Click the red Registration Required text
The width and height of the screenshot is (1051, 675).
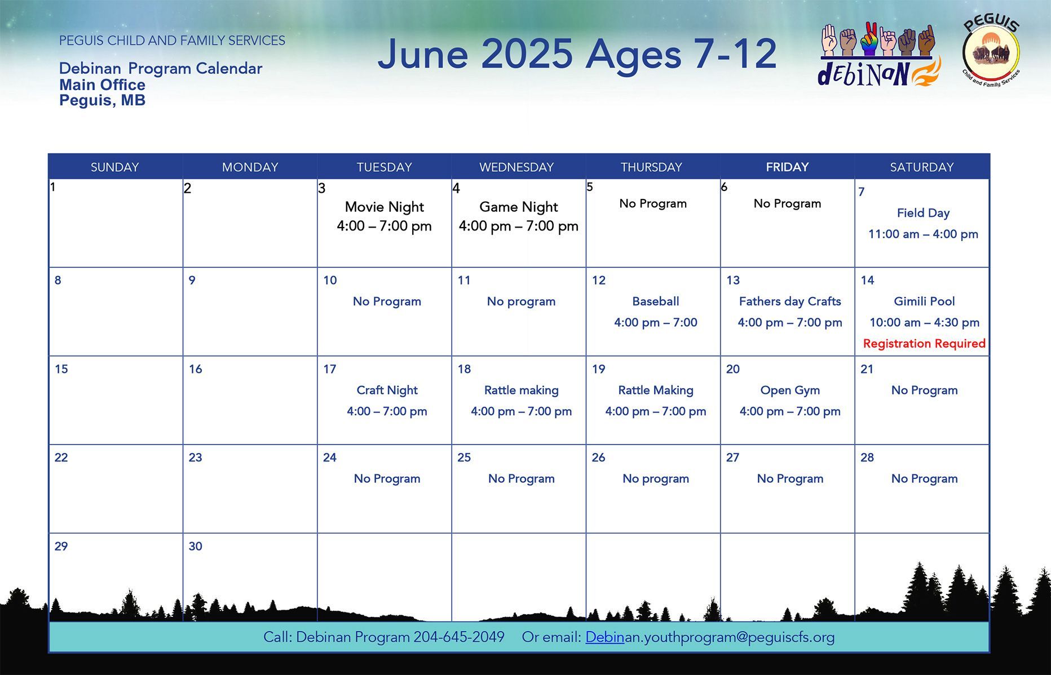(x=924, y=343)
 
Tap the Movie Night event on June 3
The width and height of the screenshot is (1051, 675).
(x=385, y=207)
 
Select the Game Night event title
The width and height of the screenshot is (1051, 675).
(x=519, y=207)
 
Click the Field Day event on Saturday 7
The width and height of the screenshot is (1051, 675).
(x=923, y=213)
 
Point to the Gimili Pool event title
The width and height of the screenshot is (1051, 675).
(x=924, y=301)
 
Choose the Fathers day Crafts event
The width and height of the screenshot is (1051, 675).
(x=790, y=301)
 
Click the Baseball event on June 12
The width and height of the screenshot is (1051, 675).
(x=656, y=301)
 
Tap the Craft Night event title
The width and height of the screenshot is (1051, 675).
(x=387, y=390)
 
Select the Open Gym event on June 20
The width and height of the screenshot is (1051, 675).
(x=790, y=390)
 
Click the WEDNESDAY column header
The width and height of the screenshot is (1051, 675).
(x=516, y=167)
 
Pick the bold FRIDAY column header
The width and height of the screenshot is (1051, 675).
(x=787, y=167)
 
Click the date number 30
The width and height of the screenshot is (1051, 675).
(x=195, y=546)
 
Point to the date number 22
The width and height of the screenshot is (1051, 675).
(x=61, y=458)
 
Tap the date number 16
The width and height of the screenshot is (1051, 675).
(x=195, y=369)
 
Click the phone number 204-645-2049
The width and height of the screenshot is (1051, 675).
(x=459, y=637)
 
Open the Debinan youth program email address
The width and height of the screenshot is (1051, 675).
(x=710, y=637)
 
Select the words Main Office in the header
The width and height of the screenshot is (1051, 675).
(x=102, y=85)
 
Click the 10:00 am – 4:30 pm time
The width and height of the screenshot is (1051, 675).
(x=924, y=322)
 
